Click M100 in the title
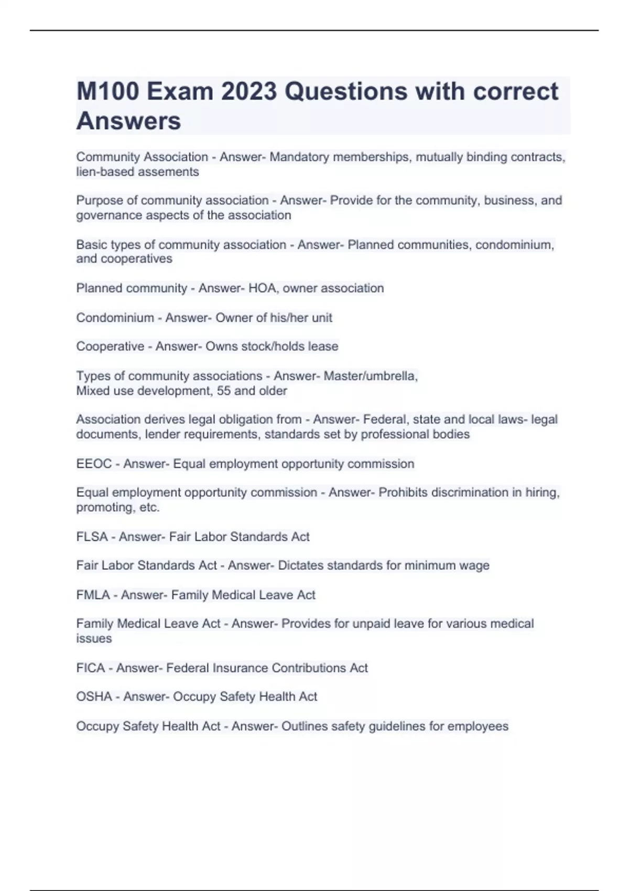click(108, 92)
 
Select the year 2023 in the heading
click(248, 92)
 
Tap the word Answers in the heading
click(128, 121)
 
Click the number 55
click(223, 391)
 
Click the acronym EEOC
click(94, 464)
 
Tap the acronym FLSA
click(92, 537)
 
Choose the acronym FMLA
click(93, 595)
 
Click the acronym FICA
click(91, 668)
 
